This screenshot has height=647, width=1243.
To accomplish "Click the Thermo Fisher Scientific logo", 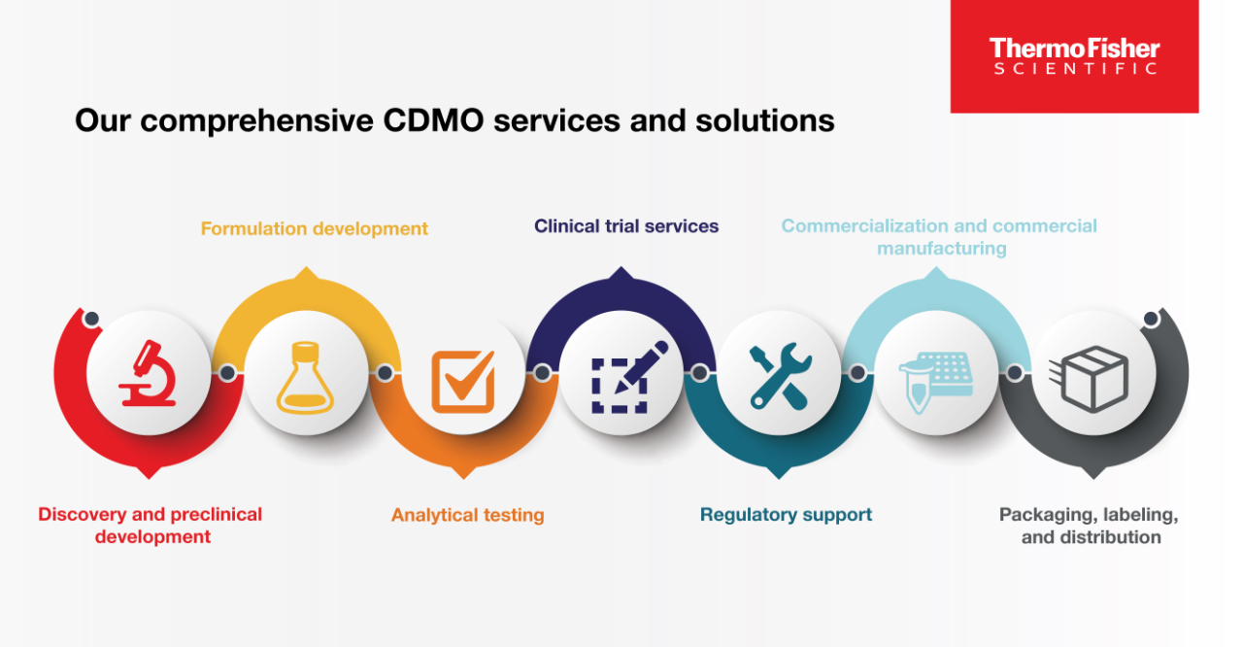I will coord(1074,56).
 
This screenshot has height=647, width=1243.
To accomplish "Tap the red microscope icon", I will coord(148,373).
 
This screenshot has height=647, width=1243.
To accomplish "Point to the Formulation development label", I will coord(315,229).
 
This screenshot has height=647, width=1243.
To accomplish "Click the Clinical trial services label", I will coord(626,226).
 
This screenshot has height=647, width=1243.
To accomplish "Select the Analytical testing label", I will coord(467,515).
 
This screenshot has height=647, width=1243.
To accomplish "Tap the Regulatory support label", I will coord(786,515).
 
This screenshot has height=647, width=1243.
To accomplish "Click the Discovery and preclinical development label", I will coord(151,526).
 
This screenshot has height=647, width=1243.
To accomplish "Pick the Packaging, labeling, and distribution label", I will coord(1090,526).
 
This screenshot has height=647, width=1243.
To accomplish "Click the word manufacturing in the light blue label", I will coord(941,249).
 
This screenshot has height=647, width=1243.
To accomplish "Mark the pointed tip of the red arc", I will coord(148,475).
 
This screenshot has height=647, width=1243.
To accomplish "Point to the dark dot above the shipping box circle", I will coord(1152,319).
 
